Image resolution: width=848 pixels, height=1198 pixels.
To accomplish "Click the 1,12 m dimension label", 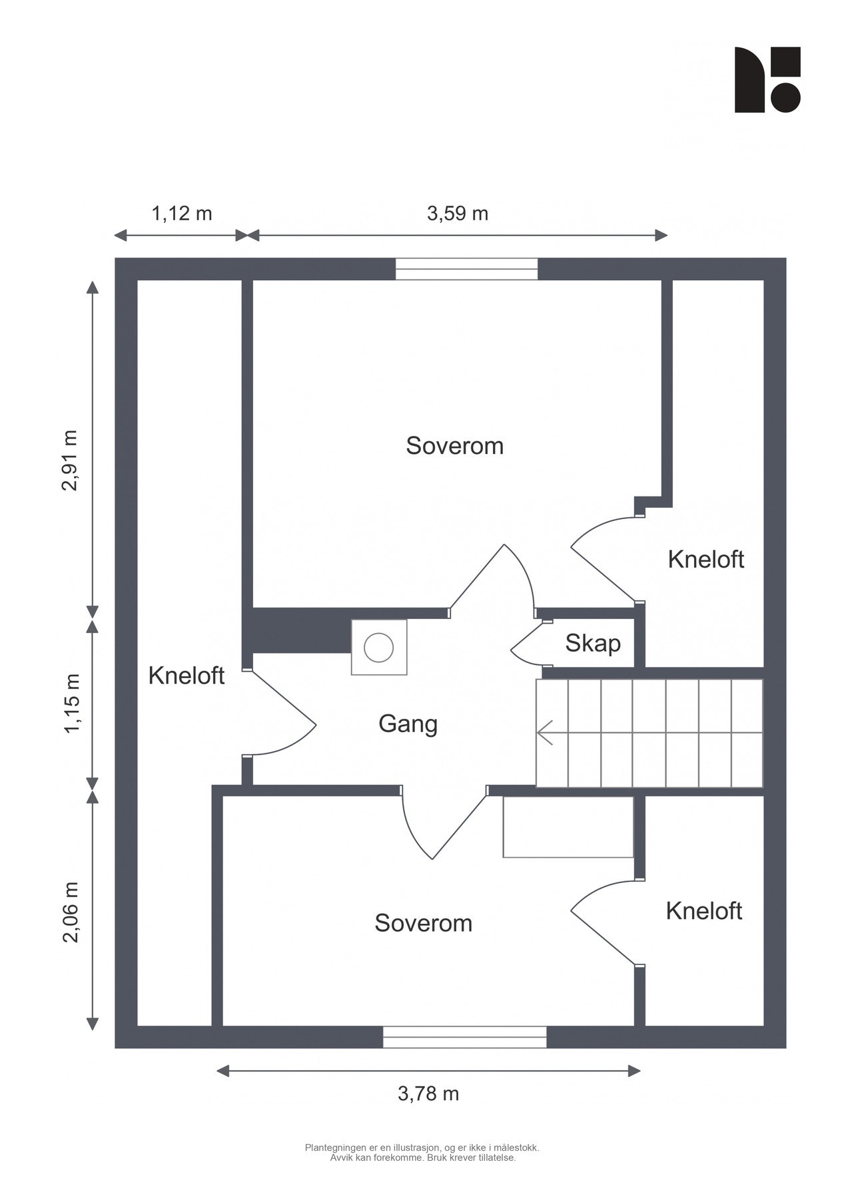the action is point(182,214).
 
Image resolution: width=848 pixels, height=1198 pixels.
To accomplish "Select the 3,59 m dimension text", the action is point(457,214).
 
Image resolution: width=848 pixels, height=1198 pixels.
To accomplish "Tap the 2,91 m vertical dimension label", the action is point(70,461).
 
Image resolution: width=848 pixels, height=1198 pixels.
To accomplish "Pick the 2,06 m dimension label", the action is point(70,912).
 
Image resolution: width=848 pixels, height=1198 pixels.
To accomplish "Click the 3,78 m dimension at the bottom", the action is point(428,1094).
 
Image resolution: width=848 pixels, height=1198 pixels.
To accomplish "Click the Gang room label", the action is point(408,724).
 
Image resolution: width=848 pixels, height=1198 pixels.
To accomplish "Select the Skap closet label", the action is point(593,644).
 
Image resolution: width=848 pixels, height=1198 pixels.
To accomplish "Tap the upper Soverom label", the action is point(455,445).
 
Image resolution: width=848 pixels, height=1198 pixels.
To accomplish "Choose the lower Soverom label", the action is point(423,923).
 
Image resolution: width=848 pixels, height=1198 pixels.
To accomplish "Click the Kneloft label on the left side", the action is point(187,676).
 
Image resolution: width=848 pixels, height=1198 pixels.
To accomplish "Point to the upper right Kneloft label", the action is point(705,559).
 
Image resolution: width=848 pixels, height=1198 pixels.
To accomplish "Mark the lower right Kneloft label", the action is point(703,910).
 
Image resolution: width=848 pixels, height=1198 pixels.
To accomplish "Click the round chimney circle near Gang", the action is point(378,648).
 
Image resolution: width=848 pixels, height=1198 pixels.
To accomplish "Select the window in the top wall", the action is point(466,269).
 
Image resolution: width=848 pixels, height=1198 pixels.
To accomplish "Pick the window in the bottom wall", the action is point(464,1037).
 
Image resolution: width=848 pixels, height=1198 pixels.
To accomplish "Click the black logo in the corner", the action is point(767,79).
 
